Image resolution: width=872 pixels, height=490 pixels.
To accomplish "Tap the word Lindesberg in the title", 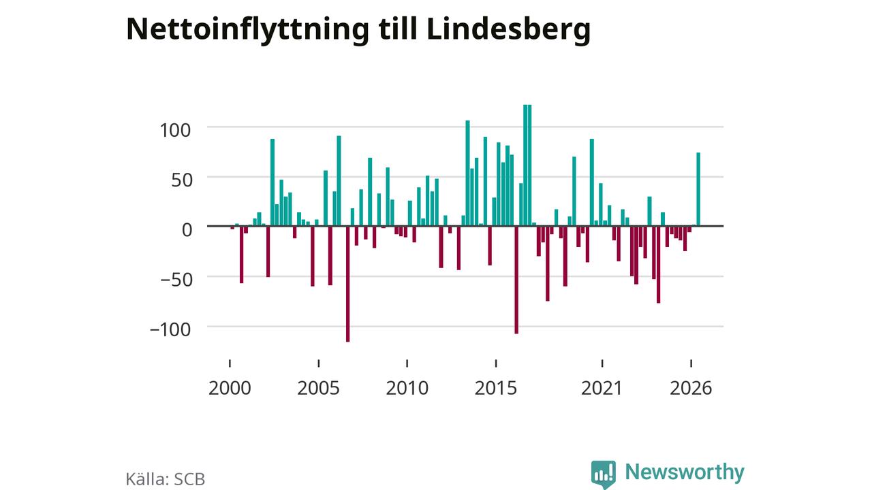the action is tap(508, 29).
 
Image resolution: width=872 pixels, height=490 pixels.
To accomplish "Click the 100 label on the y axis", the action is tap(175, 130).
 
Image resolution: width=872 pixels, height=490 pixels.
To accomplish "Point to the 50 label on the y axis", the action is tap(182, 180).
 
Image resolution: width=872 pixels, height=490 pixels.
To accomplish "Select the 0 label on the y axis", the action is tap(187, 230).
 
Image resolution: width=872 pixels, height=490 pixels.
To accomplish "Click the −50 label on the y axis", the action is tap(176, 280).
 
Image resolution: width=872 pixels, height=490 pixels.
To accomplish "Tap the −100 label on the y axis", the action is tap(170, 329).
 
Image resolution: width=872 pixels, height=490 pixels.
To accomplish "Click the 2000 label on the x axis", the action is tap(230, 388).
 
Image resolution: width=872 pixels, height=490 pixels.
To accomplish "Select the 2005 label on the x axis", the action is tap(318, 388).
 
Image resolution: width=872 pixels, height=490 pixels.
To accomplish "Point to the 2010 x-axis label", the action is tap(407, 388).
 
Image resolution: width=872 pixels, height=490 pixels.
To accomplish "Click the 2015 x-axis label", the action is tap(495, 388).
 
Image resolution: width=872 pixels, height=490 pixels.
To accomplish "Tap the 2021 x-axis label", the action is tap(602, 388).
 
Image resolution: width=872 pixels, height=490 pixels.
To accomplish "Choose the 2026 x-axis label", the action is tap(691, 388).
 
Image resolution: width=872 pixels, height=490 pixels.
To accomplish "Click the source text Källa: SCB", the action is tap(166, 479).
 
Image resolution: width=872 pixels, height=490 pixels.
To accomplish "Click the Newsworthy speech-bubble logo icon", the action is tap(604, 474).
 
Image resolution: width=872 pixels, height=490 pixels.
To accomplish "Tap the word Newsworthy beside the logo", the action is tap(685, 472).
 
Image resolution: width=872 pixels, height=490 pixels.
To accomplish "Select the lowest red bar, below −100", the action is tap(347, 284).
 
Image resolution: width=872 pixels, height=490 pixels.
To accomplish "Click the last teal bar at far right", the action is tap(698, 189).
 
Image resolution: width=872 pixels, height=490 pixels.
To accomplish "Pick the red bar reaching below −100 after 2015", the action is tap(516, 280).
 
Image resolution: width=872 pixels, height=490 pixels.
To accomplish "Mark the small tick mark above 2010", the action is tap(407, 363).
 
